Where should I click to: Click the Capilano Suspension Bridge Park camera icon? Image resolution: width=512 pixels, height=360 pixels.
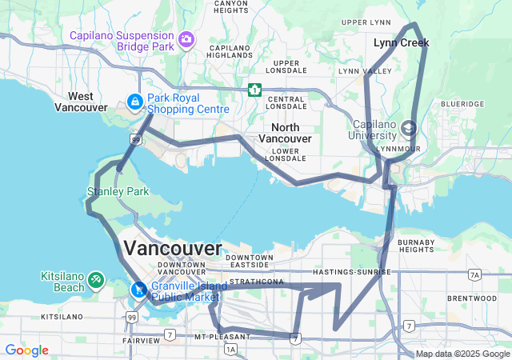click(x=186, y=39)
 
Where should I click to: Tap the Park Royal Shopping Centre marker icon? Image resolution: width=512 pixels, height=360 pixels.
click(x=135, y=103)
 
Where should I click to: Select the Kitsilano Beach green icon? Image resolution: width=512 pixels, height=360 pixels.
click(x=96, y=280)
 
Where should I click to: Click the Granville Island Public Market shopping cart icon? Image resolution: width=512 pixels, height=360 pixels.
click(x=139, y=290)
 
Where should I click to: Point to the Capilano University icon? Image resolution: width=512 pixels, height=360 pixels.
click(x=409, y=128)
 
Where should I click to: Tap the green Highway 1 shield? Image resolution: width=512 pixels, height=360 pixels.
click(x=254, y=90)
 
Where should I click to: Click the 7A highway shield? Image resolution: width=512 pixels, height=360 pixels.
click(x=474, y=275)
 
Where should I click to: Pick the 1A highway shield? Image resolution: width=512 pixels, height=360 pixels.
click(x=231, y=350)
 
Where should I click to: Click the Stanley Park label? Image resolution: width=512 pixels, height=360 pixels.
click(x=118, y=192)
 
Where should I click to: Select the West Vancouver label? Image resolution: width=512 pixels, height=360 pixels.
click(x=82, y=102)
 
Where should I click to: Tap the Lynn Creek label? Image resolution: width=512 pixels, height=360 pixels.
click(x=401, y=42)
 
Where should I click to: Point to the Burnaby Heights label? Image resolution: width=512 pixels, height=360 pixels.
click(x=416, y=246)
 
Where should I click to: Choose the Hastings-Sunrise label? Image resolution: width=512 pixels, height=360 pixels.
click(x=352, y=272)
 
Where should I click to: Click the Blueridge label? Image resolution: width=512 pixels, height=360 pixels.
click(x=462, y=104)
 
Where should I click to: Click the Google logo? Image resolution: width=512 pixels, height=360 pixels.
click(x=26, y=350)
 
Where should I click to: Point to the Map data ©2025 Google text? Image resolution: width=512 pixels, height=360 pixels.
click(x=462, y=354)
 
